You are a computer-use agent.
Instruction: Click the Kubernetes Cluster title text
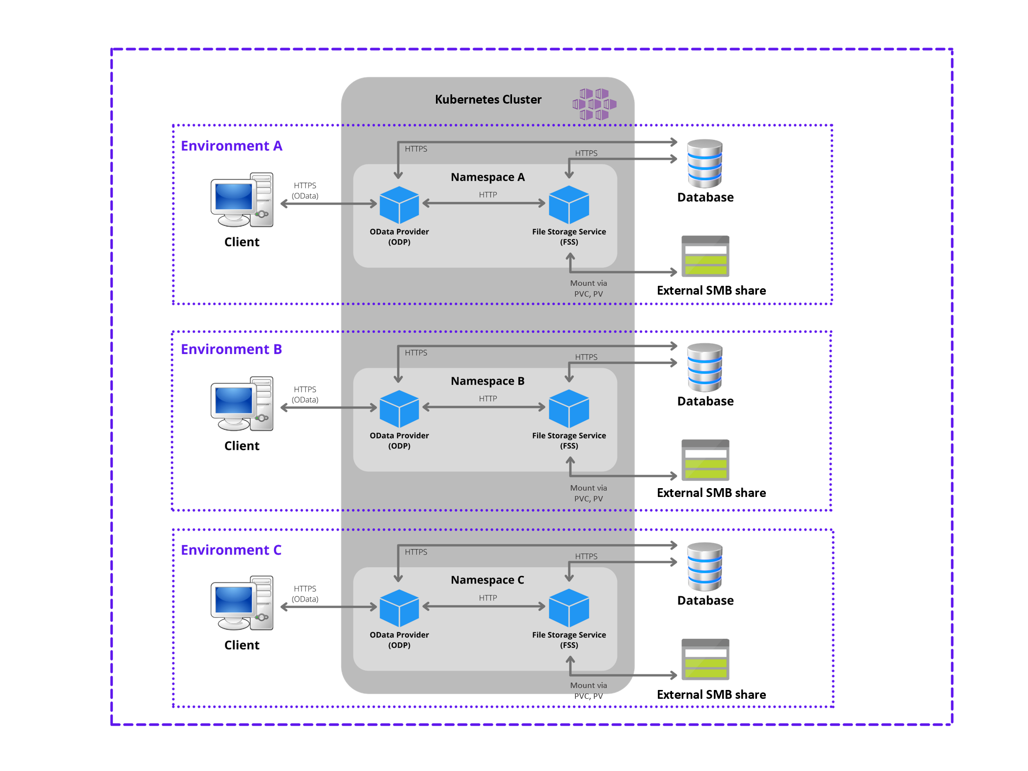(488, 100)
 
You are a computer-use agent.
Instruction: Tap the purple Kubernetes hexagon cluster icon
(594, 104)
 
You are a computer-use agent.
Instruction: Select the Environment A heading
(231, 146)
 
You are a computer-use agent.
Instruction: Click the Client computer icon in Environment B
(242, 404)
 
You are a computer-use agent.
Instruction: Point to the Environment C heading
(231, 550)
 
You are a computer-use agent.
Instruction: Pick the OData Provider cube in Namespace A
(399, 205)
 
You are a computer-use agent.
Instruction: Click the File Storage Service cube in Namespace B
(569, 409)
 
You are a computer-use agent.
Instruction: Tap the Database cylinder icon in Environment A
(705, 164)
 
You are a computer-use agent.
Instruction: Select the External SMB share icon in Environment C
(705, 659)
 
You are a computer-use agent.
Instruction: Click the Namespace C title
(487, 580)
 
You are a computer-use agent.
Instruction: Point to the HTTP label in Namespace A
(488, 195)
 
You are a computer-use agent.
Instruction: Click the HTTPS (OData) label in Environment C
(305, 594)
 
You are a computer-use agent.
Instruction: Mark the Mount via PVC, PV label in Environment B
(589, 493)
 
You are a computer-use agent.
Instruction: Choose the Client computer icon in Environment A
(242, 200)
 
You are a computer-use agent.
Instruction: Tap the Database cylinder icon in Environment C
(705, 567)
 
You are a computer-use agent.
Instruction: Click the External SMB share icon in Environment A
(705, 256)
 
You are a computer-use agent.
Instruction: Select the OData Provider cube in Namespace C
(399, 608)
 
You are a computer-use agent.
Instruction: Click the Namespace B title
(487, 381)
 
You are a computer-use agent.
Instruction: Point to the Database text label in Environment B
(705, 401)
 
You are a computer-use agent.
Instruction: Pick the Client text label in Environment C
(242, 645)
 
